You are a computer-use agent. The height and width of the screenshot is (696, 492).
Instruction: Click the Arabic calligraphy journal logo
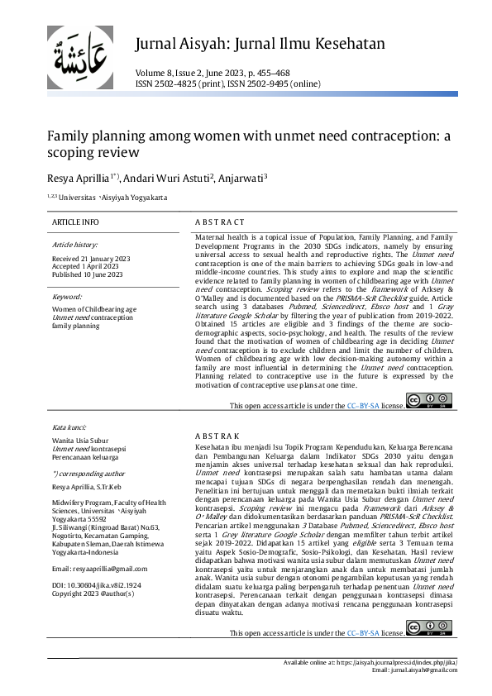pyautogui.click(x=80, y=59)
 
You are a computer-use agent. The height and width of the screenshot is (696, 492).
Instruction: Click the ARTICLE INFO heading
pyautogui.click(x=75, y=223)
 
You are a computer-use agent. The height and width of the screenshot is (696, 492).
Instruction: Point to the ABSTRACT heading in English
pyautogui.click(x=219, y=223)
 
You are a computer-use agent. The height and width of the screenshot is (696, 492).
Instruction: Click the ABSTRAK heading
pyautogui.click(x=217, y=435)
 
